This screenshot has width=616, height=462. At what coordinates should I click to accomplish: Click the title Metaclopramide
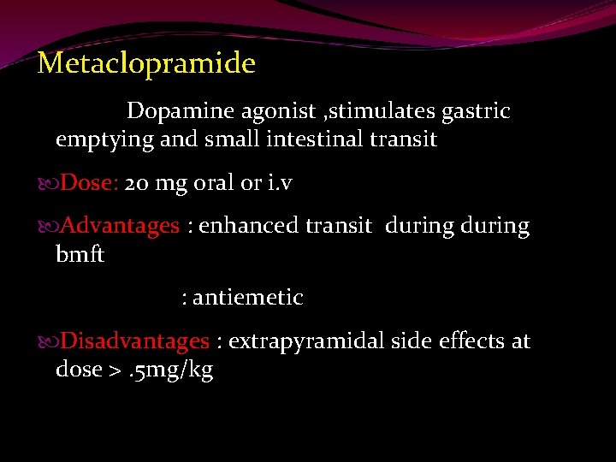click(x=146, y=64)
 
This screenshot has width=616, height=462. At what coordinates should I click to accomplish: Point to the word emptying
click(x=104, y=139)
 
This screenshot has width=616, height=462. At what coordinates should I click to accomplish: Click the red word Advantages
click(x=121, y=227)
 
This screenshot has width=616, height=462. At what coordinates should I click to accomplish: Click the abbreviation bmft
click(x=80, y=255)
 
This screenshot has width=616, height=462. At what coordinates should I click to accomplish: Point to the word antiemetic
click(x=247, y=298)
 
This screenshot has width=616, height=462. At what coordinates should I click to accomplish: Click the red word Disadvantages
click(x=135, y=341)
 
